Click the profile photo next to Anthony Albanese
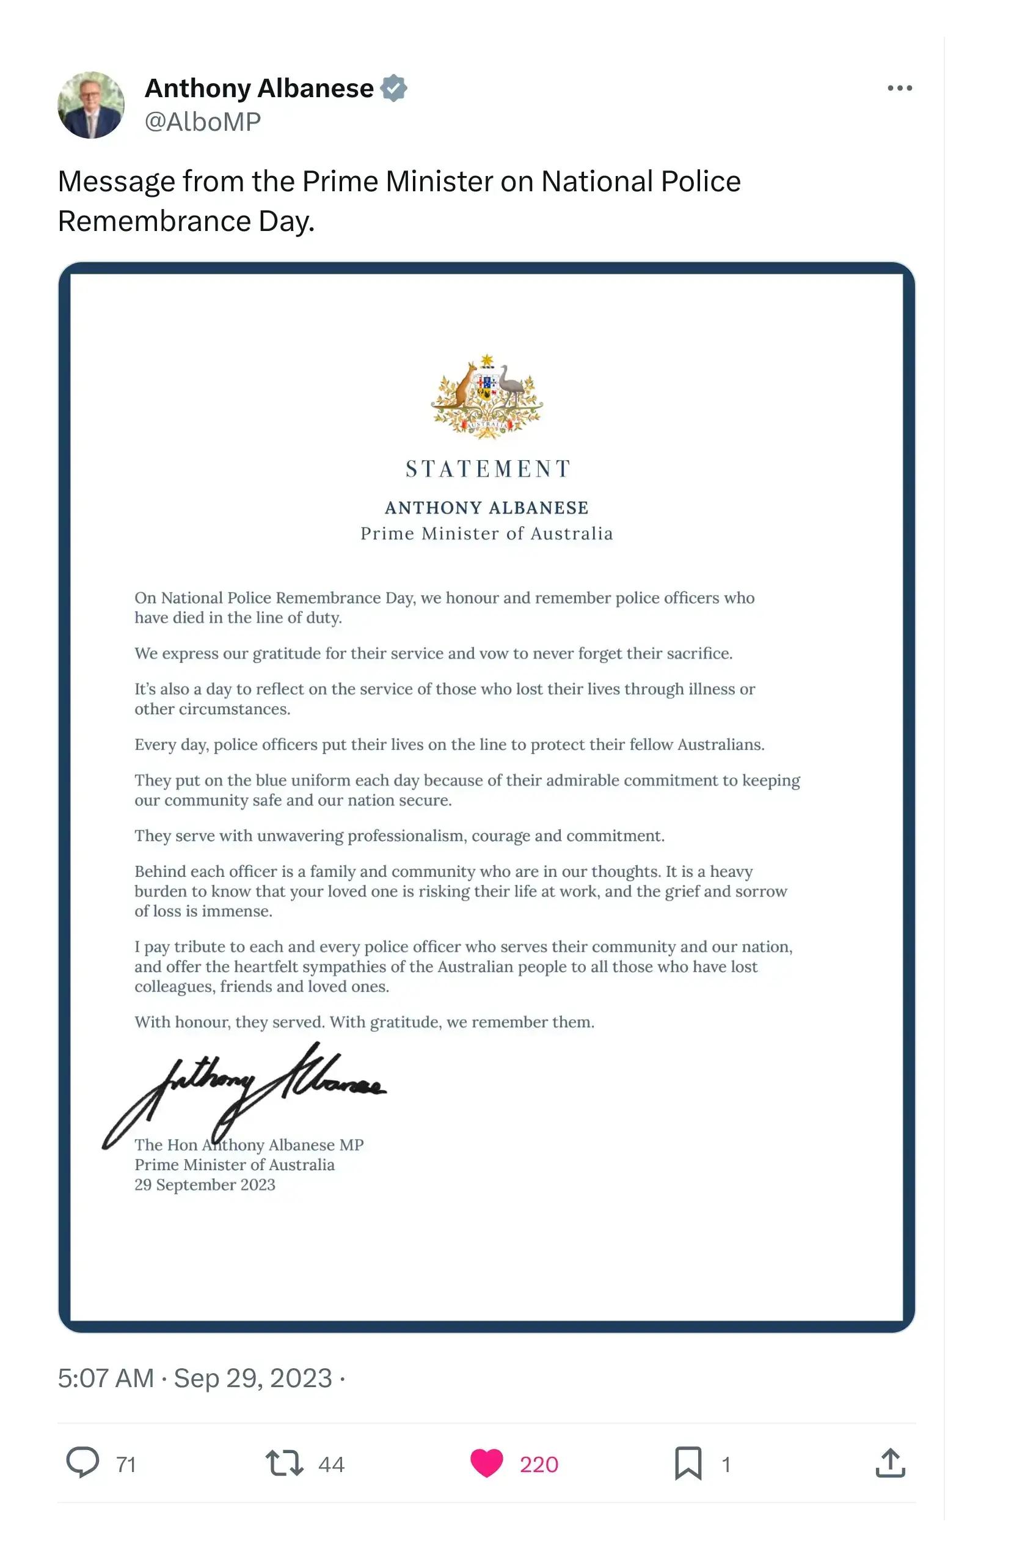pyautogui.click(x=91, y=104)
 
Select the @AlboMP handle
pyautogui.click(x=203, y=122)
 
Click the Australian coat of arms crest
pyautogui.click(x=487, y=396)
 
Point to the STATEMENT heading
pyautogui.click(x=488, y=469)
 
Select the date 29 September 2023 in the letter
pyautogui.click(x=205, y=1185)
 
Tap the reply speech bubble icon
pyautogui.click(x=83, y=1462)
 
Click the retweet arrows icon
pyautogui.click(x=285, y=1463)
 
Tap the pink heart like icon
pyautogui.click(x=487, y=1463)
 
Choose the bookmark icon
pyautogui.click(x=688, y=1463)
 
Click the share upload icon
pyautogui.click(x=890, y=1463)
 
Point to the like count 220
pyautogui.click(x=539, y=1464)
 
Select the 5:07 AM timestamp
pyautogui.click(x=106, y=1379)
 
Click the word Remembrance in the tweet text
pyautogui.click(x=155, y=221)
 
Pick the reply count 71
pyautogui.click(x=126, y=1464)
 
